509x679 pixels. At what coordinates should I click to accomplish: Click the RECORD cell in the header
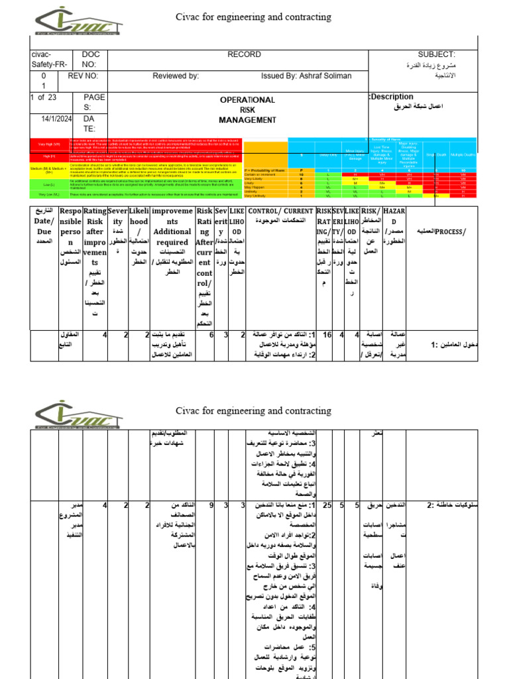pos(245,54)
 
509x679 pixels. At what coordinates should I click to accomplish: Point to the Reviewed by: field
pos(176,76)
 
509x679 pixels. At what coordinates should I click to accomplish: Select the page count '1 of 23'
pos(43,97)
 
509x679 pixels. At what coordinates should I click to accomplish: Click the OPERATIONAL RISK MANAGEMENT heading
pos(247,110)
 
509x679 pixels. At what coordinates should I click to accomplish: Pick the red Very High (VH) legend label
pos(50,144)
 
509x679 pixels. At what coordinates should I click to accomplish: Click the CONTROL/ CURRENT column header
pos(280,211)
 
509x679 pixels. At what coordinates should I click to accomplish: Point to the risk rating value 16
pos(326,336)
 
